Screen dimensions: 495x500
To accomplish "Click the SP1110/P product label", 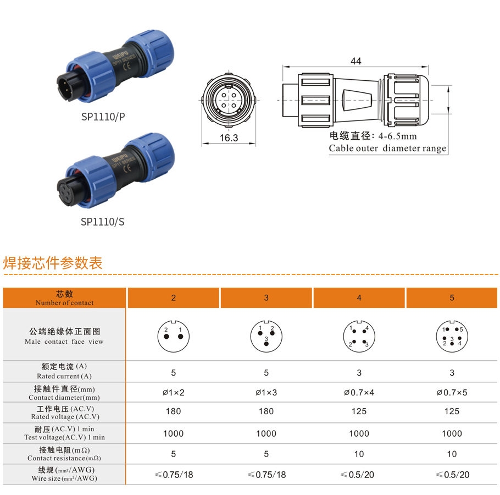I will point(103,117).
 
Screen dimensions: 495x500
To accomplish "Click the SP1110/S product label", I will point(103,222).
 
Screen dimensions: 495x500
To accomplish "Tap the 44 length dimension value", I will point(355,61).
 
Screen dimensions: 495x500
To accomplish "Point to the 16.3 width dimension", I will point(229,137).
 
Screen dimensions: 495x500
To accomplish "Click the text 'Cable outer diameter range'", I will point(387,148).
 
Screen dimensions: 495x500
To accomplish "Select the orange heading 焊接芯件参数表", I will point(53,263).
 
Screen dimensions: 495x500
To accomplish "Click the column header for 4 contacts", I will point(359,298).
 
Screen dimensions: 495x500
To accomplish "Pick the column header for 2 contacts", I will point(174,298).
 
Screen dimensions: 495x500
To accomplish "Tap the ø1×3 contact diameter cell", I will point(266,392).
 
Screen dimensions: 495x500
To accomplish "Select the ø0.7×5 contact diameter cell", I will point(452,392).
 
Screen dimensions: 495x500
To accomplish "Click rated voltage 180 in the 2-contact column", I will point(174,411).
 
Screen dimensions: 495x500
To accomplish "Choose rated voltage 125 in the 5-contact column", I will point(452,411).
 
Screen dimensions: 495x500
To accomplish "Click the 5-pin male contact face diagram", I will point(452,336).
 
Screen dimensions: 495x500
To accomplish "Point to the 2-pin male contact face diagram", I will point(174,336).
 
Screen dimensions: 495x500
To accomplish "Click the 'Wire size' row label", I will point(64,474).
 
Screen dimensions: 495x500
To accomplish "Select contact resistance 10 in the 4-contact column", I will point(359,454).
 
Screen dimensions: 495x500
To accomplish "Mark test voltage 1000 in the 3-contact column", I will point(266,433).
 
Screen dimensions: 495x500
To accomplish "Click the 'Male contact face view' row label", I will point(64,336).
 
